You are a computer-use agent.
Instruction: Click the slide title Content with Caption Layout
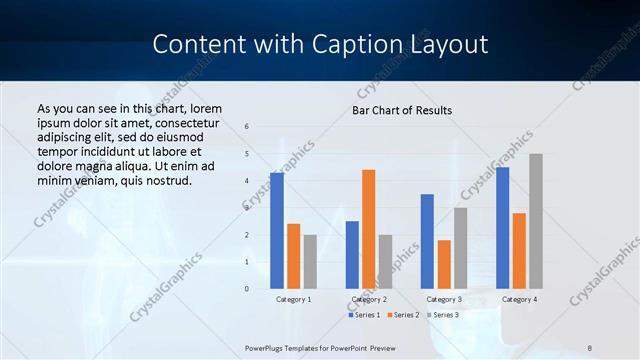[x=320, y=45]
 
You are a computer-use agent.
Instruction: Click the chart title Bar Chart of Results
[x=402, y=110]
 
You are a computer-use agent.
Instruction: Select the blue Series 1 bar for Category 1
[x=277, y=231]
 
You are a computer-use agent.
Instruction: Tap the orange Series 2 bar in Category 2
[x=368, y=229]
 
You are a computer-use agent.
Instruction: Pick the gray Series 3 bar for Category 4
[x=536, y=221]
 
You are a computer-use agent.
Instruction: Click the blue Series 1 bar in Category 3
[x=427, y=241]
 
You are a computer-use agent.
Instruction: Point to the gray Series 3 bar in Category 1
[x=310, y=262]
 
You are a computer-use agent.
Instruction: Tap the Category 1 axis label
[x=293, y=299]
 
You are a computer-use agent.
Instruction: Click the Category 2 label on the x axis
[x=368, y=299]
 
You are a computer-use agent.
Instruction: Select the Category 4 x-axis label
[x=519, y=299]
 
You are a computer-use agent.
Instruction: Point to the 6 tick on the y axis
[x=247, y=127]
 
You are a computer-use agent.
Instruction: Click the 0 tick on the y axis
[x=247, y=289]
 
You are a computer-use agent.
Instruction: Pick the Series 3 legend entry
[x=444, y=315]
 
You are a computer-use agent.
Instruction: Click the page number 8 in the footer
[x=590, y=347]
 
